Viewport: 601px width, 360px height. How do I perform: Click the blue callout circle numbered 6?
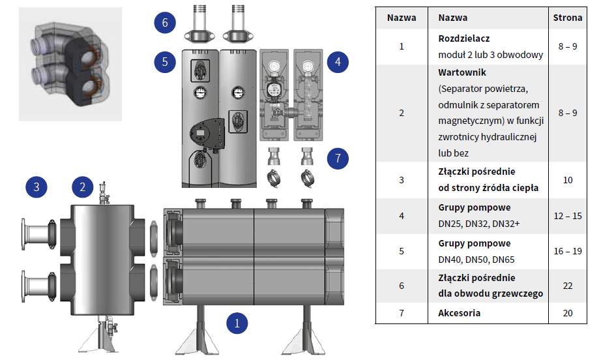tap(165, 23)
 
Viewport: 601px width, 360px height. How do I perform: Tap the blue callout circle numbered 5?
tap(165, 63)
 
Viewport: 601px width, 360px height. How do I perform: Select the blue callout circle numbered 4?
tap(338, 63)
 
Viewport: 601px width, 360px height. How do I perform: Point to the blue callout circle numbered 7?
tap(338, 158)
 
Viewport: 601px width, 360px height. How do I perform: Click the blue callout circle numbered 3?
tap(37, 187)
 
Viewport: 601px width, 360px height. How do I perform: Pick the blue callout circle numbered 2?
tap(82, 187)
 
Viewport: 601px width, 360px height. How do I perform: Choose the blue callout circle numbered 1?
tap(237, 322)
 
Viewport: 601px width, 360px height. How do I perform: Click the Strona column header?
tap(567, 18)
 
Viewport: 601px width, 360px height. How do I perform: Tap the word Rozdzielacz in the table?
tap(464, 39)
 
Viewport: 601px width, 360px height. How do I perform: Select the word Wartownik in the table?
tap(462, 72)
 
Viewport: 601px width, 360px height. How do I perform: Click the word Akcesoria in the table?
tap(460, 313)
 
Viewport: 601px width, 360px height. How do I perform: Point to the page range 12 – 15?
tap(567, 215)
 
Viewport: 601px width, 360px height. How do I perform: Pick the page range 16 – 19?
tap(567, 251)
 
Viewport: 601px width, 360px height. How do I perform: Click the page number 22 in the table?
tap(567, 286)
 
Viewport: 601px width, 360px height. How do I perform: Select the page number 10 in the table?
tap(567, 179)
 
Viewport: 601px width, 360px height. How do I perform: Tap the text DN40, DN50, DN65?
tap(476, 259)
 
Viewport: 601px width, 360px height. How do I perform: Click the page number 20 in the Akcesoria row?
tap(567, 313)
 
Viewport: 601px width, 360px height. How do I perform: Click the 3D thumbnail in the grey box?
tap(70, 64)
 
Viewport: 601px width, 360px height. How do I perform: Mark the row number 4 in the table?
tap(402, 215)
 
